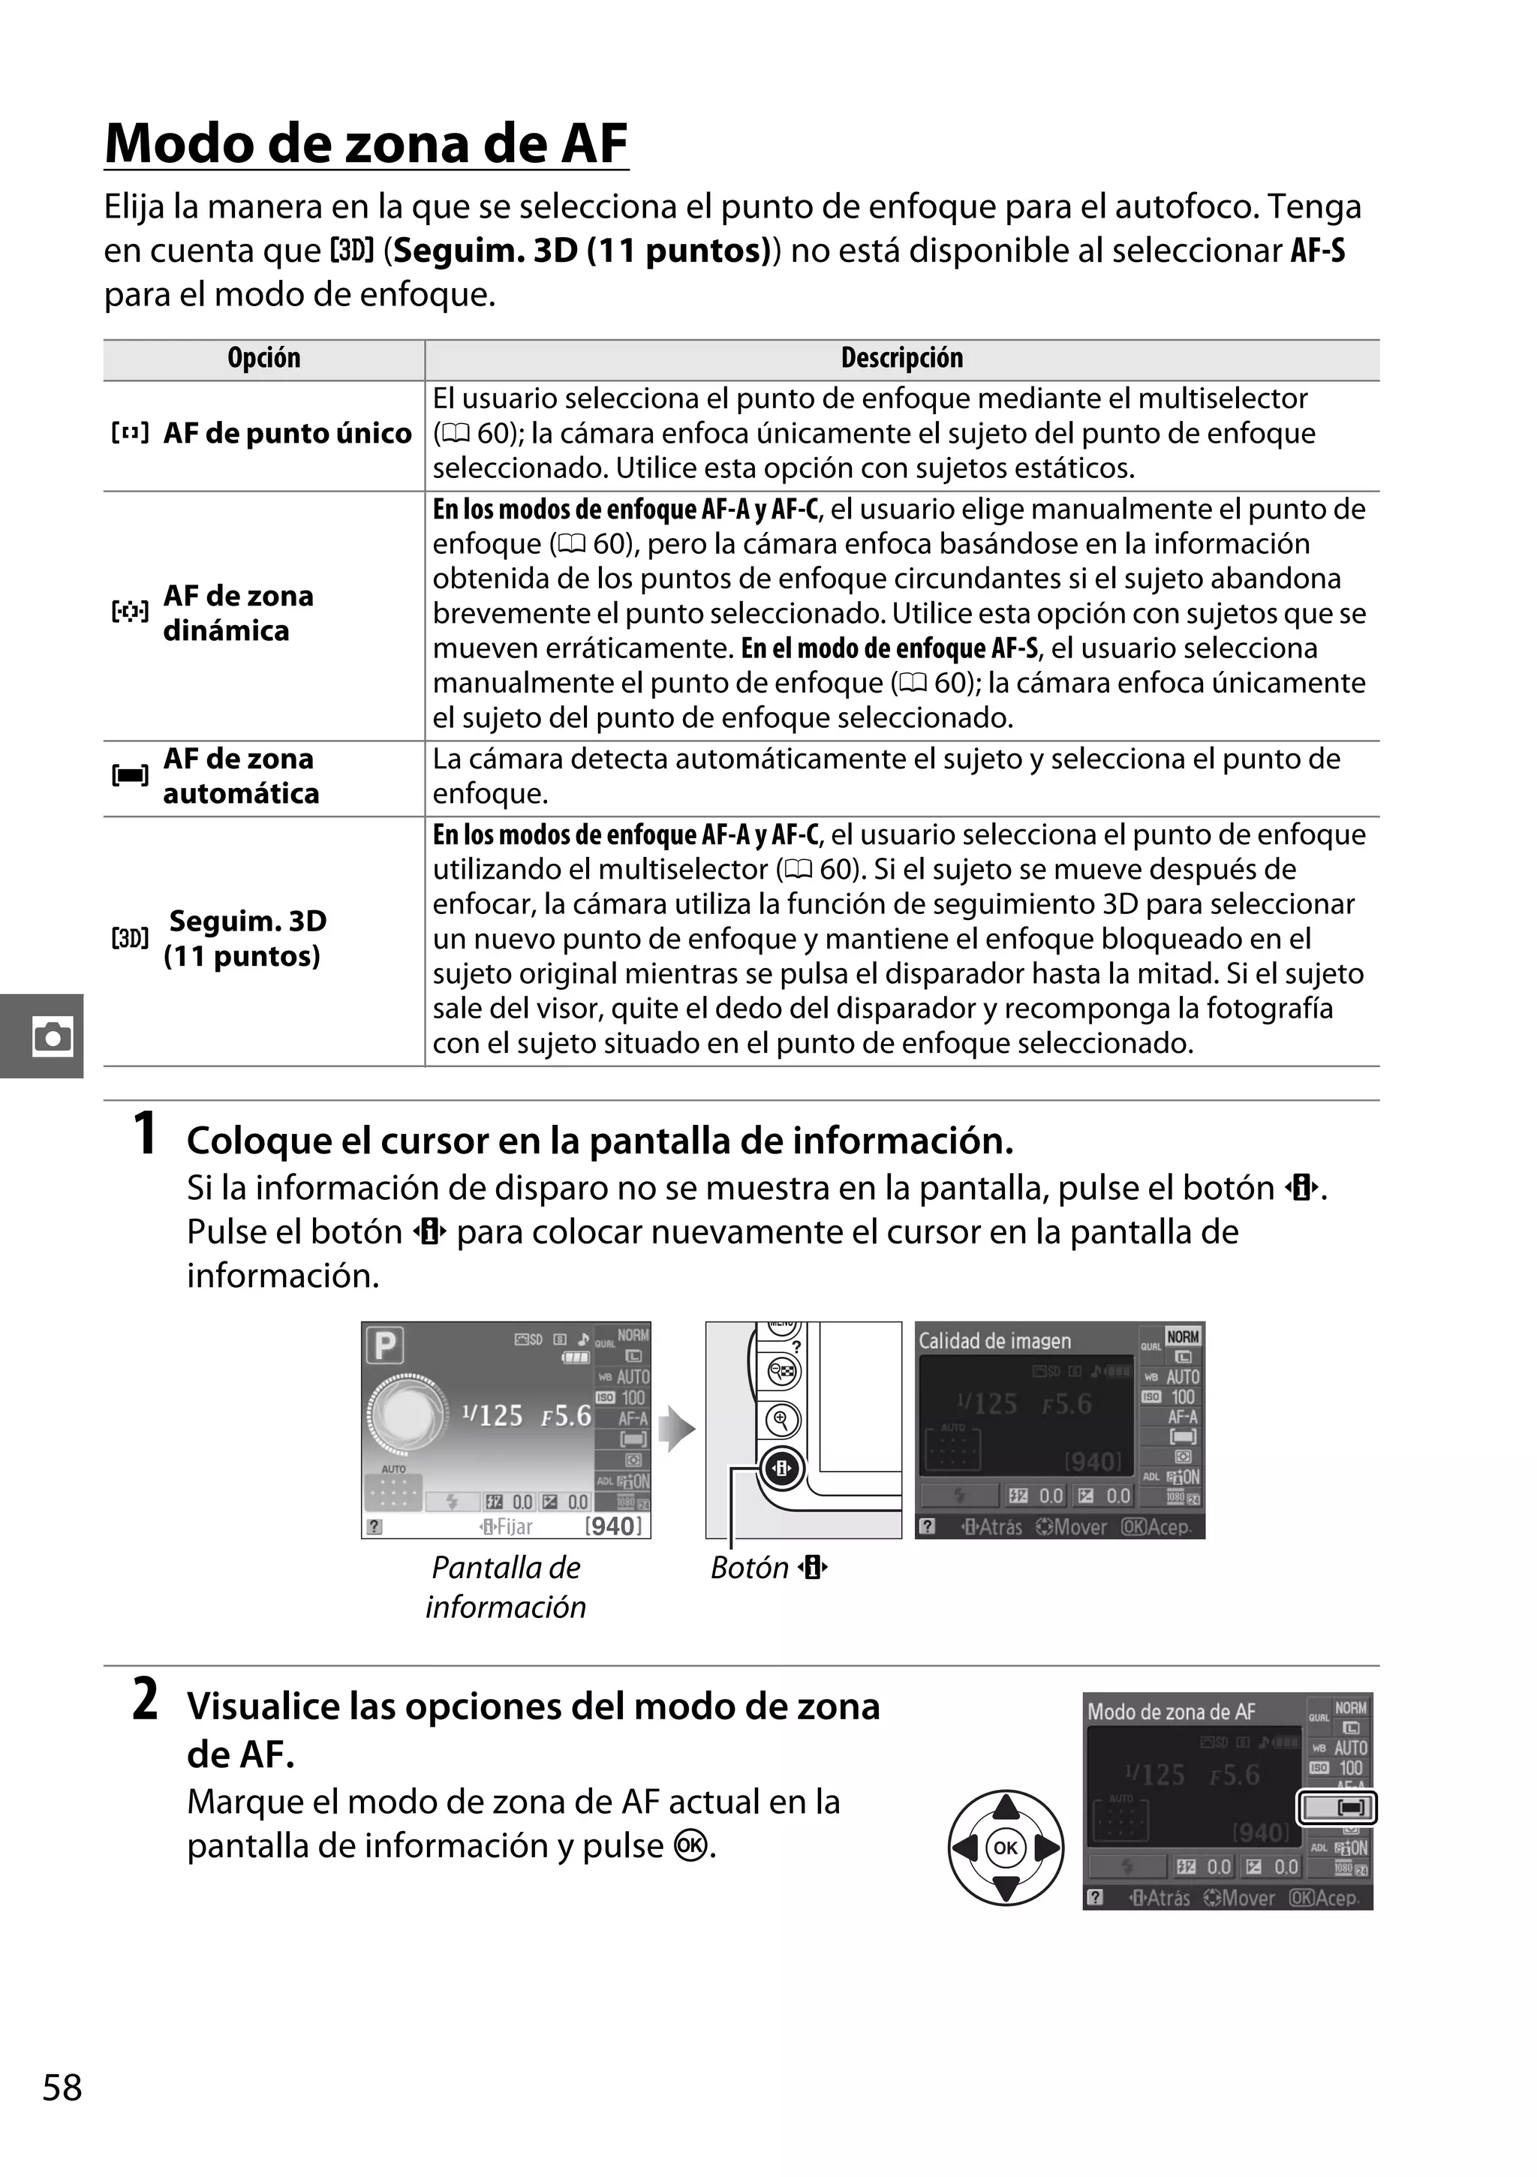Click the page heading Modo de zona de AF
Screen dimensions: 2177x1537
click(366, 144)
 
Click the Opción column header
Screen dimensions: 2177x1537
click(263, 359)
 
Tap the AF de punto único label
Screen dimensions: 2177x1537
click(287, 433)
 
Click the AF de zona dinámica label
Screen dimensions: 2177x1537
click(238, 613)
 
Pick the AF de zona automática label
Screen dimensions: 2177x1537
click(240, 777)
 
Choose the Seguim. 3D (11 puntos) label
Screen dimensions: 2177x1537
click(245, 939)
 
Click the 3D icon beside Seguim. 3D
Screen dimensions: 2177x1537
click(130, 939)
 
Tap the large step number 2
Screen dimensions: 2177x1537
click(144, 1699)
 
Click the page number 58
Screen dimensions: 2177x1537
click(62, 2115)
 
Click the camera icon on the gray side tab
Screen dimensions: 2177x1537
click(52, 1036)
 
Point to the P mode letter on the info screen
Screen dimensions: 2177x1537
click(386, 1346)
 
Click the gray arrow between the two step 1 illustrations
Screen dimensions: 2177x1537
click(677, 1429)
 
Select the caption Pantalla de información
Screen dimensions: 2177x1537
click(505, 1586)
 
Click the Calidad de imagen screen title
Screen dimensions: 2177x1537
click(994, 1341)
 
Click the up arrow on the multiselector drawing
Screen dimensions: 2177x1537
click(1005, 1807)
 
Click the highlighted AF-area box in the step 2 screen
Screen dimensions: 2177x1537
click(1336, 1808)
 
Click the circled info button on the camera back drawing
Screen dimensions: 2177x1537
click(781, 1469)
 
